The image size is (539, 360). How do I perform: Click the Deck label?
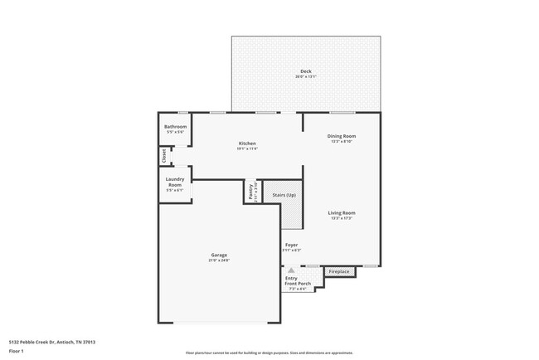(x=306, y=71)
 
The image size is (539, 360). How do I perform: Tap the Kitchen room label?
(x=247, y=144)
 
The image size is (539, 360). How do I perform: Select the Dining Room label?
(x=341, y=136)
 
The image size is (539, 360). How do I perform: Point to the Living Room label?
(x=341, y=213)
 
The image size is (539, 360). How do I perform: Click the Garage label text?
(x=219, y=255)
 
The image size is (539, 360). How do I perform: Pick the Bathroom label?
(x=175, y=127)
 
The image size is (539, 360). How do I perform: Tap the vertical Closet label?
(x=163, y=155)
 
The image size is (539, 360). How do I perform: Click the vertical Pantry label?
(x=250, y=191)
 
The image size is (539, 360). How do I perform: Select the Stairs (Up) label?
(x=284, y=196)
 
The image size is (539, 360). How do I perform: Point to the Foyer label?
(x=291, y=245)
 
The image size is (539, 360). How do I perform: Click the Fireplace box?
(x=339, y=271)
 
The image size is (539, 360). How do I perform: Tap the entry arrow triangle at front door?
(x=291, y=269)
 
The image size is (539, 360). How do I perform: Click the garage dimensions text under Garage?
(x=219, y=260)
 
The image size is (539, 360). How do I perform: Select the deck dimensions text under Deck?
(x=306, y=77)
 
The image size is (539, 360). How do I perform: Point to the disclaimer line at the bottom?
(x=269, y=353)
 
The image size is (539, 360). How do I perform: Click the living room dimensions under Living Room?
(x=341, y=218)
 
